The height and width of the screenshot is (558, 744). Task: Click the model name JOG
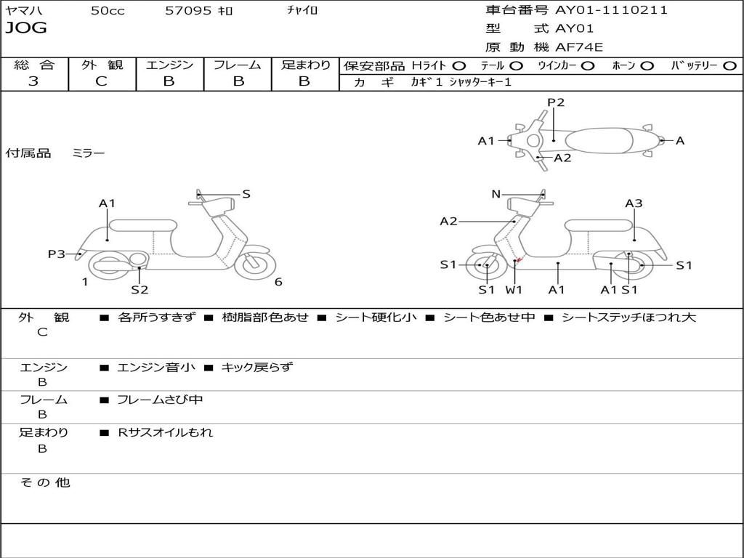tap(26, 28)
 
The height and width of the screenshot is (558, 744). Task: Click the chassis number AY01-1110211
tap(612, 10)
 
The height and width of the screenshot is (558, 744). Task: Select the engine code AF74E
tap(579, 47)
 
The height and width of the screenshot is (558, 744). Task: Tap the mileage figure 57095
tap(188, 10)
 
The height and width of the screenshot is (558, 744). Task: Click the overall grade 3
tap(33, 81)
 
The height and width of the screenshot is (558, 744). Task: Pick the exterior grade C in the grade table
tap(101, 81)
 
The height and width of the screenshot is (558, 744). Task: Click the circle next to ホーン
tap(647, 66)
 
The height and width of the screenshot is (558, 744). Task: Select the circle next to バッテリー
tap(729, 66)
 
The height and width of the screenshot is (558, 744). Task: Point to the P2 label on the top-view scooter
tap(556, 102)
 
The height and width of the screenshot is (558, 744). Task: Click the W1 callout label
tap(514, 289)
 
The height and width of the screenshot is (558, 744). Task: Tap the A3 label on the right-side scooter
tap(634, 203)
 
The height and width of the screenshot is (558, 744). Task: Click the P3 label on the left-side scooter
tap(57, 254)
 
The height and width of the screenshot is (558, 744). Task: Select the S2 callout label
tap(140, 289)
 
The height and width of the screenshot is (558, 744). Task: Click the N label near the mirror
tap(496, 193)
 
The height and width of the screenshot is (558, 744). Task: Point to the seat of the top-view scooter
tap(599, 140)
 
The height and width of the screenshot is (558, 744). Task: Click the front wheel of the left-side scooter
tap(255, 264)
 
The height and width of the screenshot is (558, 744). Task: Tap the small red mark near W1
tap(519, 259)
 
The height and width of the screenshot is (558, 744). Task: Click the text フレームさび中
tap(160, 400)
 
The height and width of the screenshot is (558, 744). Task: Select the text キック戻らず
tap(256, 367)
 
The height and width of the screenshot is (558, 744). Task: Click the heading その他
tap(44, 482)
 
